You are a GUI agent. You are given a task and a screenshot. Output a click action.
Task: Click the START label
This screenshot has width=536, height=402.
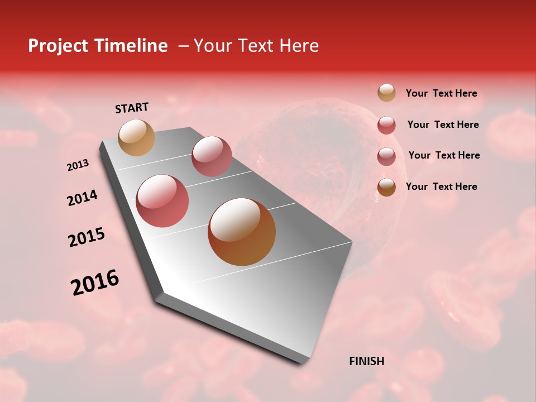(x=132, y=108)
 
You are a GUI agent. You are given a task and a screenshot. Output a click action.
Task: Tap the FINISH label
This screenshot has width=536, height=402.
(x=366, y=361)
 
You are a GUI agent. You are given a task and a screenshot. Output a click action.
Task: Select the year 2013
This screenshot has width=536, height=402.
(x=78, y=165)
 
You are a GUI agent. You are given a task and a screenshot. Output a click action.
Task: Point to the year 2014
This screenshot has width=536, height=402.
(x=82, y=198)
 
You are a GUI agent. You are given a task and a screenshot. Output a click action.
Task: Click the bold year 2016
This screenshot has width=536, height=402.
(x=95, y=283)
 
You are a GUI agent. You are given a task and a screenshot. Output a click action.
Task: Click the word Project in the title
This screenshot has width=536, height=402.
(x=59, y=46)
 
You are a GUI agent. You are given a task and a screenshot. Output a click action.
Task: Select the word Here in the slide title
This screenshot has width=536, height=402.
(x=299, y=46)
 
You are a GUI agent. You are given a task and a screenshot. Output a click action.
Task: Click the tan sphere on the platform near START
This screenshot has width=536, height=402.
(x=137, y=137)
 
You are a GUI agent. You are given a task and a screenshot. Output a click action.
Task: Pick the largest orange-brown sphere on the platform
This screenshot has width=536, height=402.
(x=242, y=232)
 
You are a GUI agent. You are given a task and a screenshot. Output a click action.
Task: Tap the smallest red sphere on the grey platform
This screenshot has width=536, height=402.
(x=212, y=156)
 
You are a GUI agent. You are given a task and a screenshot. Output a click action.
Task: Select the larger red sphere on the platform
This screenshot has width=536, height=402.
(x=162, y=201)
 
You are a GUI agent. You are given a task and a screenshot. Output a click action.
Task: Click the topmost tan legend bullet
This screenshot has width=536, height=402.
(x=386, y=93)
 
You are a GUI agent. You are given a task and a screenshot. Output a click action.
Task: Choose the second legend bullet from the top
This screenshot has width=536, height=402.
(x=386, y=125)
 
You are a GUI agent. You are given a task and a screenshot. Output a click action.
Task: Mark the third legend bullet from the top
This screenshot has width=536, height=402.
(x=386, y=156)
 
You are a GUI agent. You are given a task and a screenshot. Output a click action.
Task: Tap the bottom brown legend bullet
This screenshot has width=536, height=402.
(x=386, y=187)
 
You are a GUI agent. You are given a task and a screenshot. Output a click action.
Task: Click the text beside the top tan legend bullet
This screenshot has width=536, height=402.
(x=441, y=94)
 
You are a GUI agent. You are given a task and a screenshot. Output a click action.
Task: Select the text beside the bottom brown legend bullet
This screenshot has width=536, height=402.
(x=441, y=186)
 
